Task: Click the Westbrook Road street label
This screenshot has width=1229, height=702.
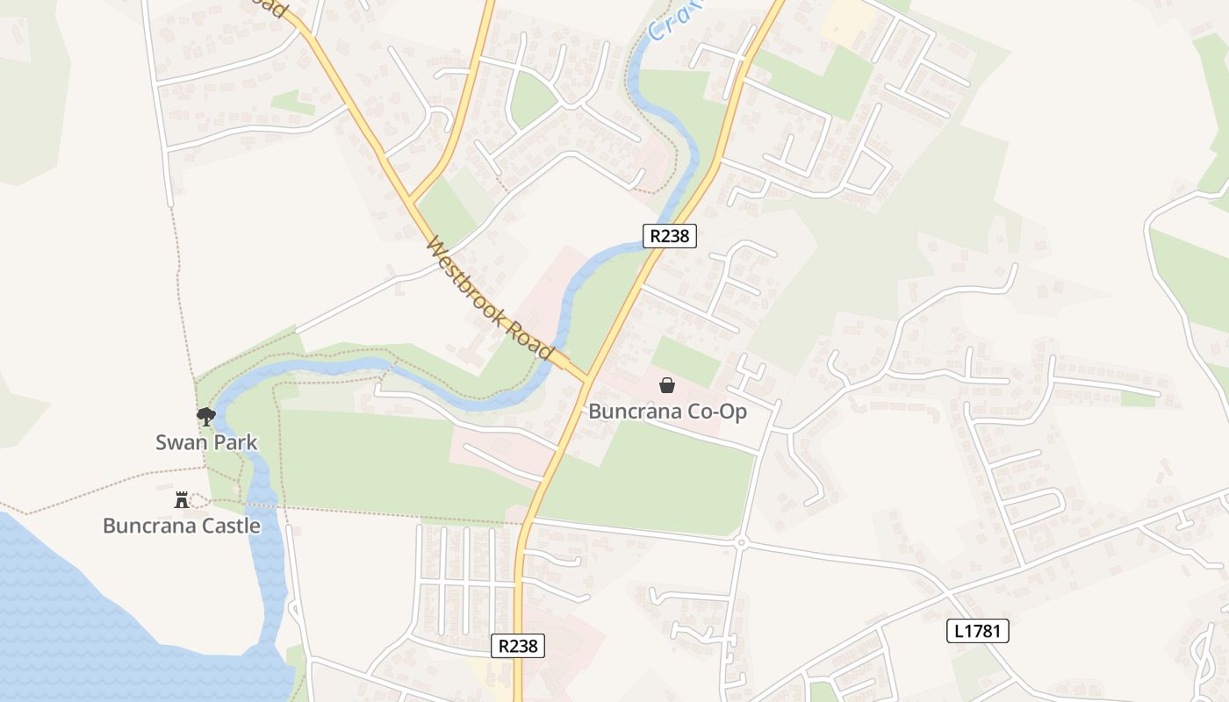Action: (490, 298)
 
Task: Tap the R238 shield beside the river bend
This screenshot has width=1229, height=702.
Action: (670, 236)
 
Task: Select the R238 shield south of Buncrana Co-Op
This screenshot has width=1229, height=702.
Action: (517, 646)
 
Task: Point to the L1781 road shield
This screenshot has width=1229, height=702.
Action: (978, 630)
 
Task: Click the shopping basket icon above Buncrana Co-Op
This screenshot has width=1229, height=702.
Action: (667, 384)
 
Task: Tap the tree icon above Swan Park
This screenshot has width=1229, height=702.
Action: (205, 416)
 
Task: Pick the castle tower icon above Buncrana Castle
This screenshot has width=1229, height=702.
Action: (182, 500)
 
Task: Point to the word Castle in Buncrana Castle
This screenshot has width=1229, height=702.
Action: (230, 526)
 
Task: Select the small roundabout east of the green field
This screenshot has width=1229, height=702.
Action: (742, 543)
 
